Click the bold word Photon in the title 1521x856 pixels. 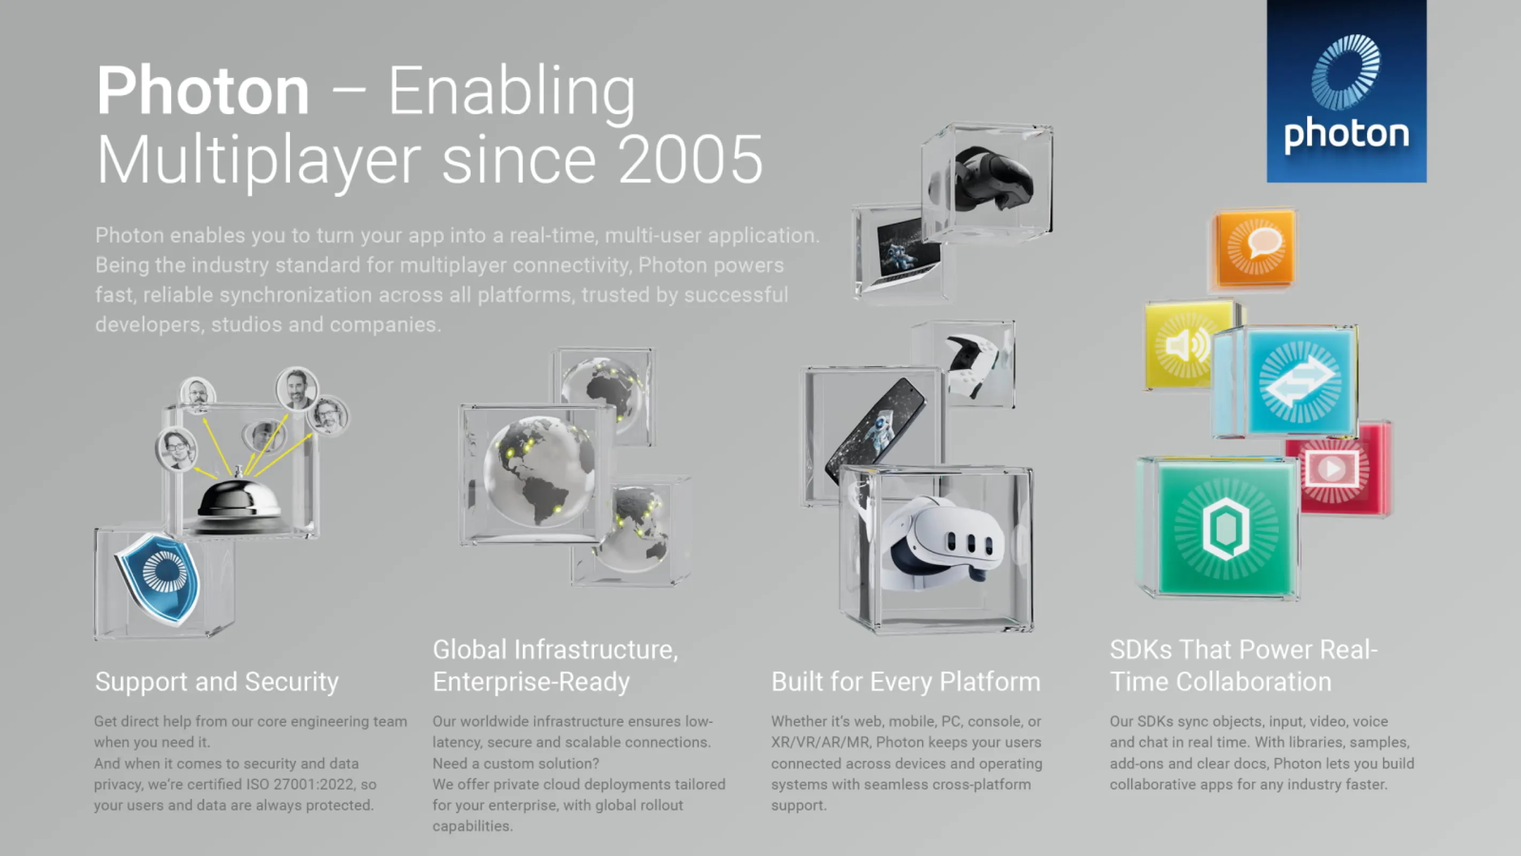coord(203,91)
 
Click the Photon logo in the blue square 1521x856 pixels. coord(1346,91)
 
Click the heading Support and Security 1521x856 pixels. coord(217,682)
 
